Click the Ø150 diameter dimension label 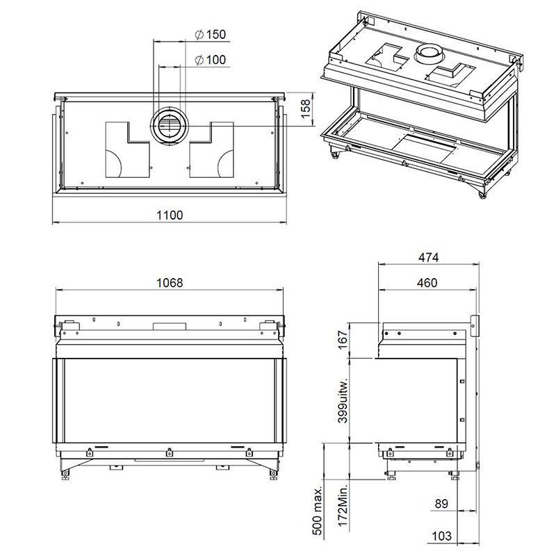coord(211,34)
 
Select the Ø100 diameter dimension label coord(211,60)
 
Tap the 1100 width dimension coord(170,215)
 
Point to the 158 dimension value coord(305,109)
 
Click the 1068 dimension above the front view coord(170,283)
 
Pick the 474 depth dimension coord(428,257)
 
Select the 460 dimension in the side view coord(427,283)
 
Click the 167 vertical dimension coord(343,340)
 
